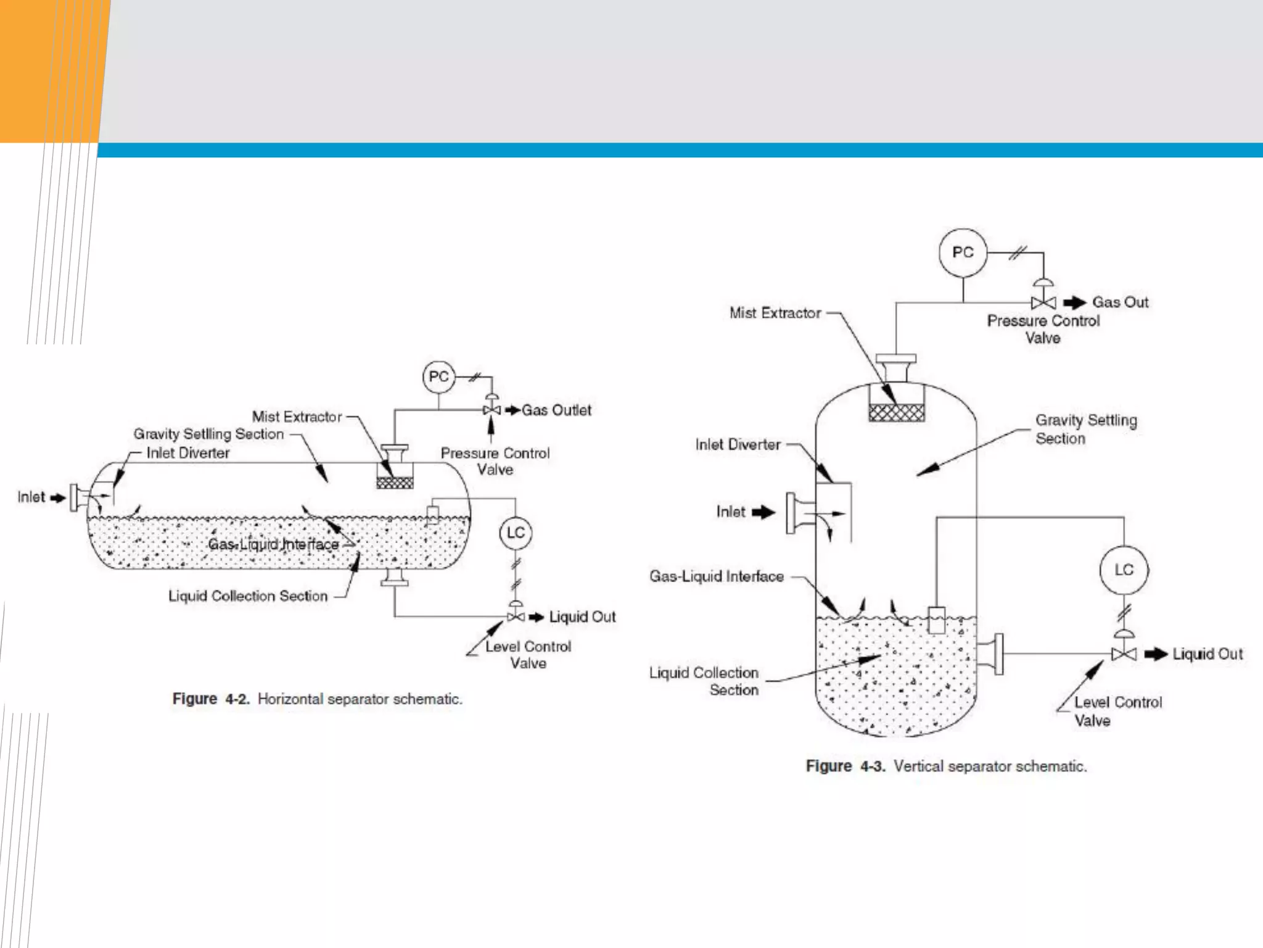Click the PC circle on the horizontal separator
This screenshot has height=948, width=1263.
point(438,376)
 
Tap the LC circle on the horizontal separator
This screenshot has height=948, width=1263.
point(516,533)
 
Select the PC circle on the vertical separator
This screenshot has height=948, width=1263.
point(963,252)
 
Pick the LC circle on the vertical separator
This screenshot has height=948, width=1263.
point(1124,570)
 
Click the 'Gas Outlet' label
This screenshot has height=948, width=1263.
point(556,410)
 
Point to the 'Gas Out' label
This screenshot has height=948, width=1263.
point(1120,302)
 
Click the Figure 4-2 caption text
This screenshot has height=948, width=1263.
point(317,699)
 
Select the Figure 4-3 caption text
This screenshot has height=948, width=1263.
point(946,766)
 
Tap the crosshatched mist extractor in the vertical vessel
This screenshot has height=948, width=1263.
point(896,412)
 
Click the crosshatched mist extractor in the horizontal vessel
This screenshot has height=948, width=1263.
point(395,483)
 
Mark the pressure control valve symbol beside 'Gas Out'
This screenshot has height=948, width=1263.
point(1043,302)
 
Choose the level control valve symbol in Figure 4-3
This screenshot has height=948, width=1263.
point(1124,654)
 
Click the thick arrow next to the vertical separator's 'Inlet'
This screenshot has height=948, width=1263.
point(763,512)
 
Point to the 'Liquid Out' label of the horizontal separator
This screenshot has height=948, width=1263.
point(582,617)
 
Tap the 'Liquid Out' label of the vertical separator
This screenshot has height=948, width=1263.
point(1207,654)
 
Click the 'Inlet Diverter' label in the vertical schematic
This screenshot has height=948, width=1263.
point(738,444)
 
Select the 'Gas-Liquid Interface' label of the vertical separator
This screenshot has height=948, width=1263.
point(716,576)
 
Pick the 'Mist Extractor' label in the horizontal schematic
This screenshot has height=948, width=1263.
point(297,417)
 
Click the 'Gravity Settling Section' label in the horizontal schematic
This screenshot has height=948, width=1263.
point(208,434)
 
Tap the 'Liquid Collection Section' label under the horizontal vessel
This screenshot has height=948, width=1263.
point(248,596)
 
